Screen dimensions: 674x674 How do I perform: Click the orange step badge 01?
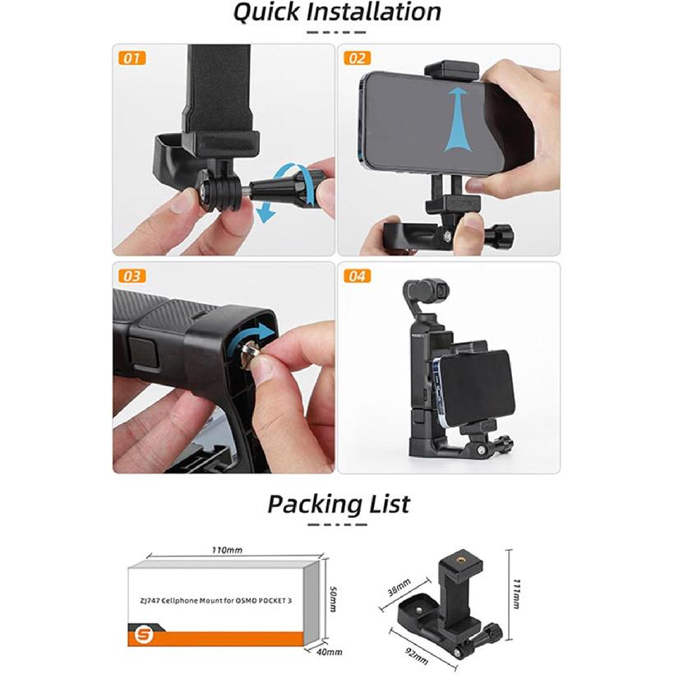pos(132,58)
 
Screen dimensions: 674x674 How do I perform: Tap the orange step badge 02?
pos(358,58)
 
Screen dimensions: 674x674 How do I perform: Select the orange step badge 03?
pos(132,276)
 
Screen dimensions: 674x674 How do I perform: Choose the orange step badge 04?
pos(358,276)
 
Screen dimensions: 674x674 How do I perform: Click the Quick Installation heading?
pos(336,12)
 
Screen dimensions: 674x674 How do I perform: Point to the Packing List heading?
pos(337,503)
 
